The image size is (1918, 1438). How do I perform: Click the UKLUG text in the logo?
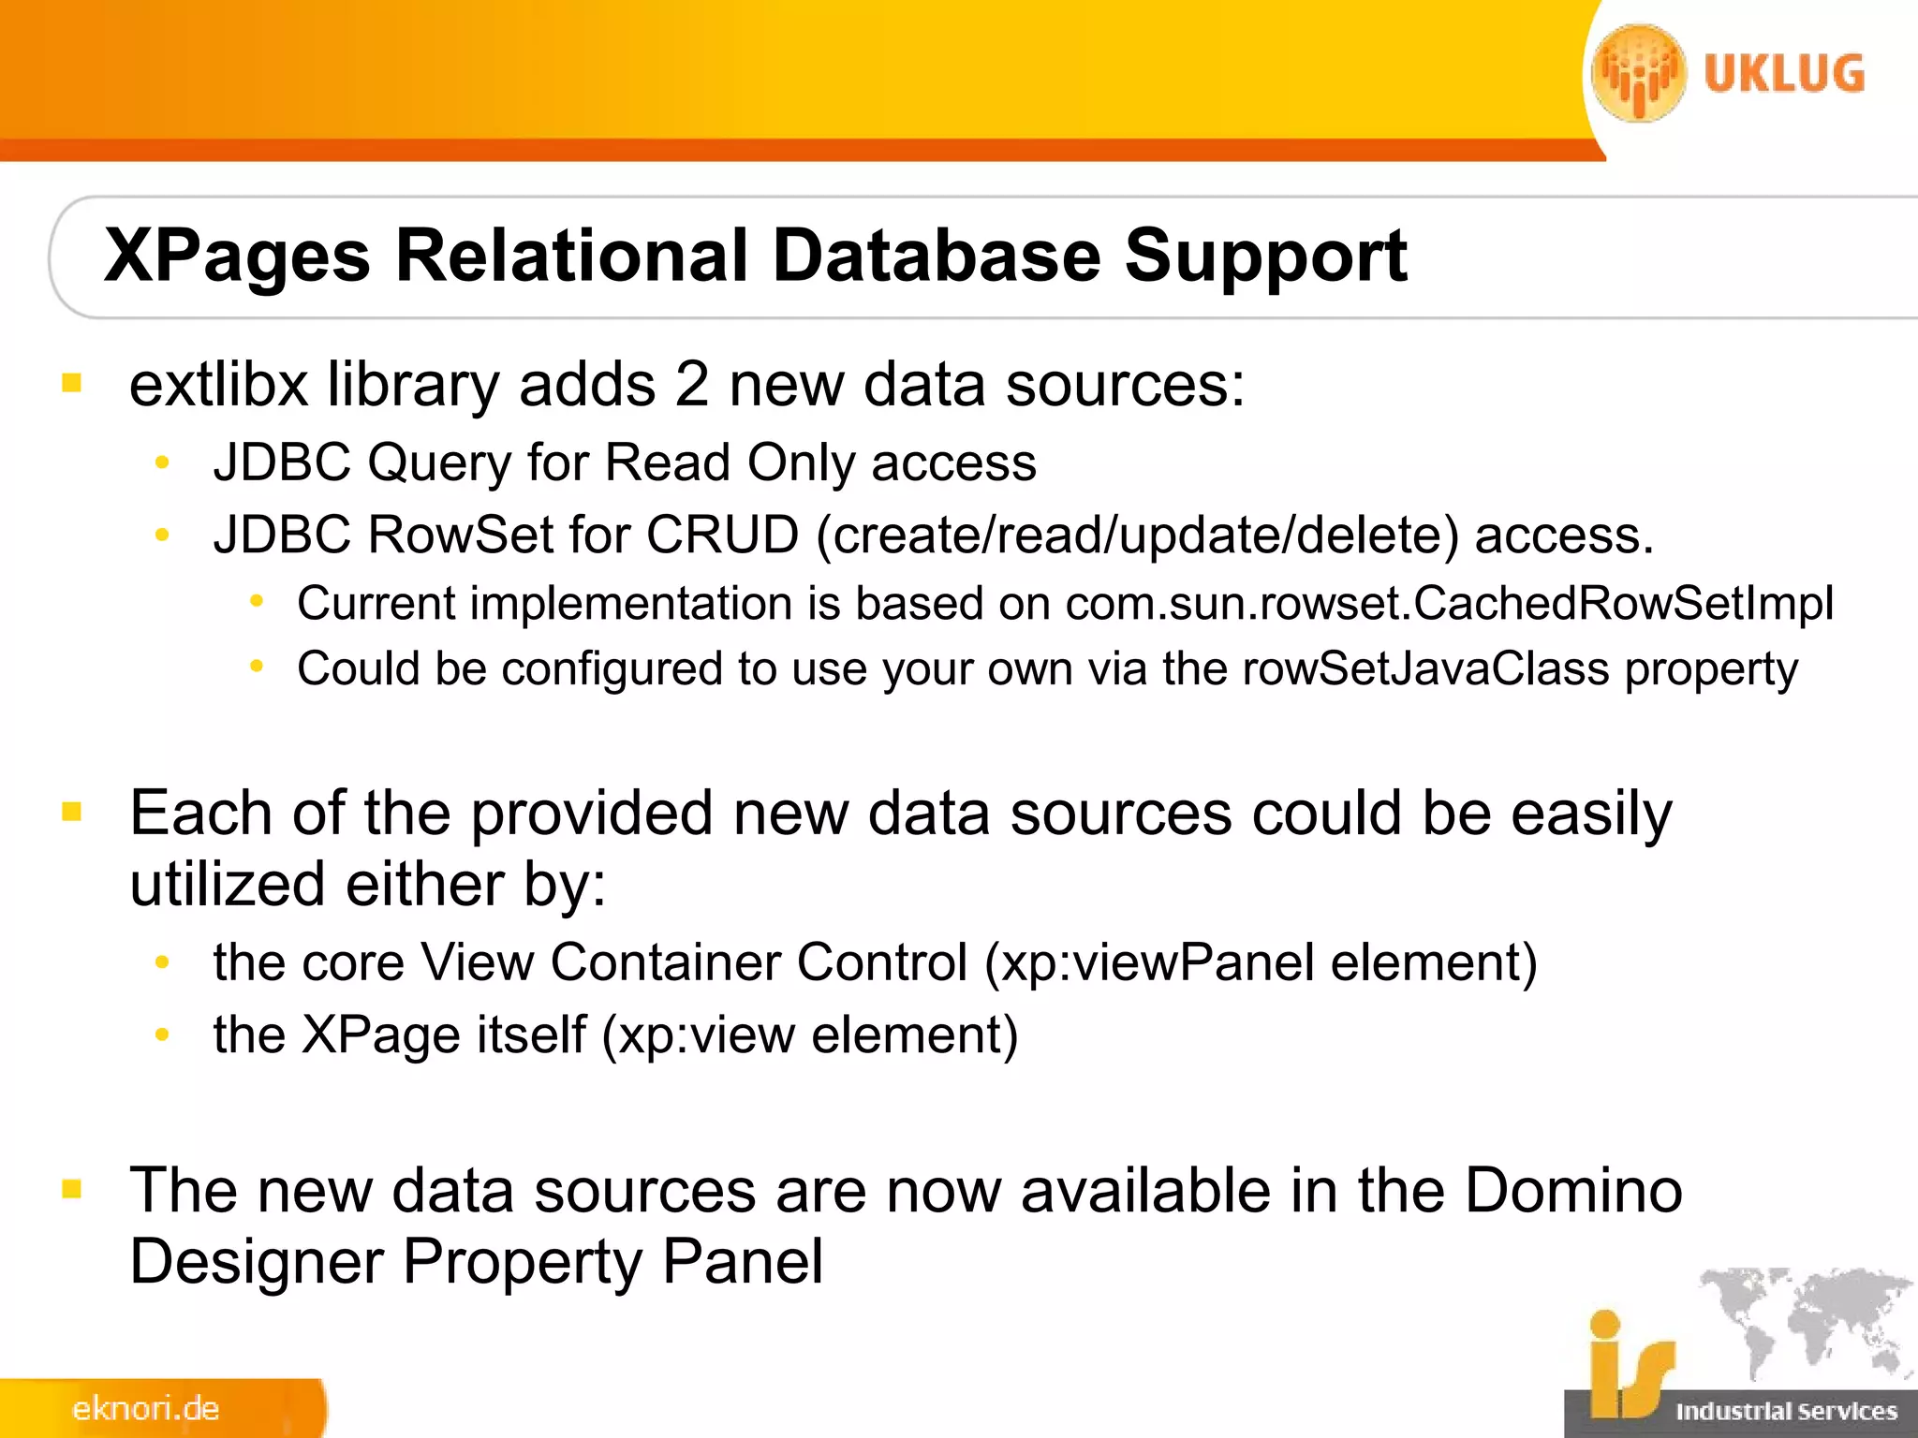point(1784,74)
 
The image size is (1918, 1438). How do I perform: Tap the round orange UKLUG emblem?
point(1639,74)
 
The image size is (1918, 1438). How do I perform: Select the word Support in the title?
point(1265,256)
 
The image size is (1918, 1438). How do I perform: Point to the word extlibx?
point(218,385)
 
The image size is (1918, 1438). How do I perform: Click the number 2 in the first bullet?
point(691,385)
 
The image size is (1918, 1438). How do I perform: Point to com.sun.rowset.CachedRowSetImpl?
point(1449,604)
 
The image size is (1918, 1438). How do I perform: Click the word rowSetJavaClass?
point(1425,669)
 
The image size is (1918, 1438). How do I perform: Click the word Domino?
point(1573,1191)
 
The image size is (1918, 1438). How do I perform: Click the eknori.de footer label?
point(145,1408)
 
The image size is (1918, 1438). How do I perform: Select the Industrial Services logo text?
point(1785,1411)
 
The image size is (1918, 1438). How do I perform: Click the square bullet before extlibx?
point(72,383)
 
